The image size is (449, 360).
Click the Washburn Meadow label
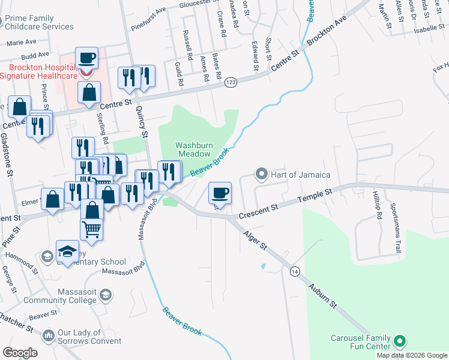tap(193, 149)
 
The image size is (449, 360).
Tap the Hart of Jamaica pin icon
tap(261, 175)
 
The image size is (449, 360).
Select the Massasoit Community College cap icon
tap(106, 295)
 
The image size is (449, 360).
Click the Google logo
tap(20, 353)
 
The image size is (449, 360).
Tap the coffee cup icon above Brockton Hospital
tap(87, 59)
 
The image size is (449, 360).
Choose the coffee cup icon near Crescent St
tap(220, 193)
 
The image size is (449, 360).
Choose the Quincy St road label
tap(142, 121)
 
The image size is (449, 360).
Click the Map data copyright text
tap(412, 355)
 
